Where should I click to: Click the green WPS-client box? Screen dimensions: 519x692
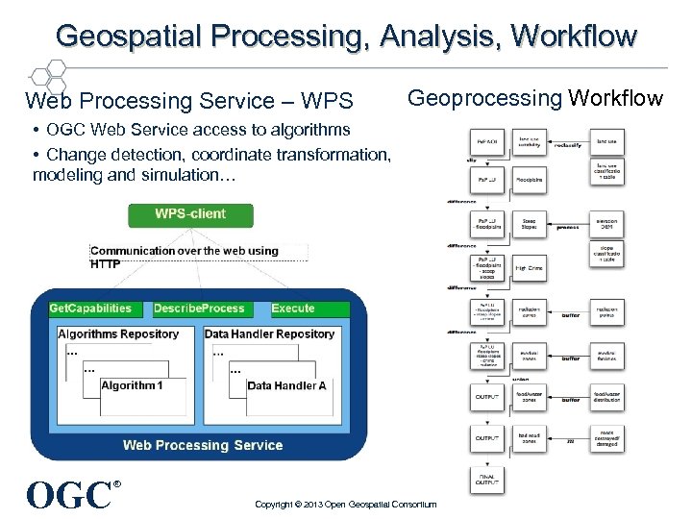click(189, 213)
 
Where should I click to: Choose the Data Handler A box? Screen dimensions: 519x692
click(286, 386)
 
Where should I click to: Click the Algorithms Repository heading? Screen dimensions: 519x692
click(118, 334)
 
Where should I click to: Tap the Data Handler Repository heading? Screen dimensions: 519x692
click(269, 334)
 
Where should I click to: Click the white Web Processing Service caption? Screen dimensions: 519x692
click(203, 445)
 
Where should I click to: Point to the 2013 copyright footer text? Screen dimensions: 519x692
click(345, 505)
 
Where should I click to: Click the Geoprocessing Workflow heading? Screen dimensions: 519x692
click(535, 98)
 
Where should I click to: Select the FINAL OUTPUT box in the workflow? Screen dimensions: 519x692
click(486, 480)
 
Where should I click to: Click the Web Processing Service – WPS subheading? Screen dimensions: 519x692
click(189, 101)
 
